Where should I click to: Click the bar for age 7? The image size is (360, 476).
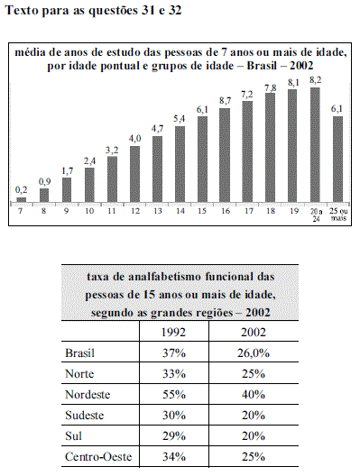[x=22, y=200]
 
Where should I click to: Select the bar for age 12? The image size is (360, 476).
[x=134, y=174]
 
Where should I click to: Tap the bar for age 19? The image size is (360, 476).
[x=292, y=146]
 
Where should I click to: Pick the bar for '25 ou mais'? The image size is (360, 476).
[x=337, y=160]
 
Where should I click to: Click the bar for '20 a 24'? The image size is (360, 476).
[x=315, y=145]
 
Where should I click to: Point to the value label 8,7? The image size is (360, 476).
[x=226, y=101]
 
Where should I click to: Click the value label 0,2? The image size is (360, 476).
[x=22, y=190]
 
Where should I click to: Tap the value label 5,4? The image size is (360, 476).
[x=180, y=119]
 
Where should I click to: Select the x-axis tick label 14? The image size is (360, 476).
[x=180, y=211]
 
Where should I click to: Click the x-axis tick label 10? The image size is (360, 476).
[x=89, y=211]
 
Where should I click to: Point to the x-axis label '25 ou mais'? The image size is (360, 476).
[x=338, y=215]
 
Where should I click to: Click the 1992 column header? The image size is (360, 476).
[x=173, y=333]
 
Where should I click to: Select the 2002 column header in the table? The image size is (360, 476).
[x=254, y=333]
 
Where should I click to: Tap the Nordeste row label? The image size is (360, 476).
[x=88, y=395]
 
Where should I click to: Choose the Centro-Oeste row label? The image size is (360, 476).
[x=98, y=457]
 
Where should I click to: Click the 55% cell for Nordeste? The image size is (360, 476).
[x=174, y=395]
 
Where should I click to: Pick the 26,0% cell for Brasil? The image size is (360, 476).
[x=254, y=353]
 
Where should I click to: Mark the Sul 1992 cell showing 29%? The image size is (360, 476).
[x=174, y=436]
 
